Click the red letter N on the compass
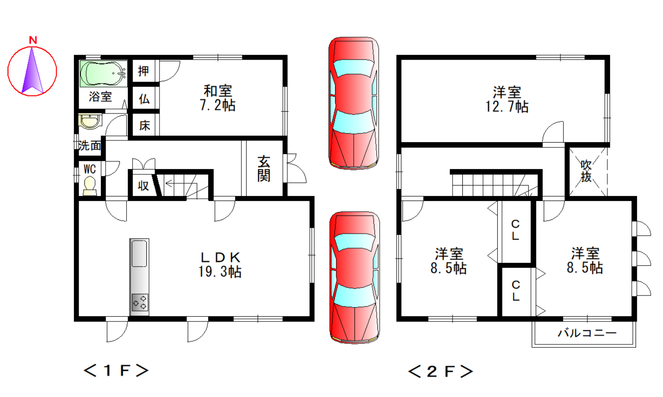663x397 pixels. tap(33, 40)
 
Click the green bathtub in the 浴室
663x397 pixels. tap(103, 74)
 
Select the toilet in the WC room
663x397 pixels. tap(90, 186)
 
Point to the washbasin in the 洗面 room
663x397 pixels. tap(90, 121)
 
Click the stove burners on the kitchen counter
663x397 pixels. tap(140, 302)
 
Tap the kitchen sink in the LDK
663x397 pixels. tap(139, 253)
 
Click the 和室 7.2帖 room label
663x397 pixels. tap(217, 98)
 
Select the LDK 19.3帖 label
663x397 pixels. tap(220, 265)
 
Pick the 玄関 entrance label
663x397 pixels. tap(264, 169)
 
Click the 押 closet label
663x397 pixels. tap(144, 71)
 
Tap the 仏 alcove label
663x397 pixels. tap(144, 99)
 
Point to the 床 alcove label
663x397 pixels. tap(145, 125)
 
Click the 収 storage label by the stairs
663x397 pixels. tap(143, 185)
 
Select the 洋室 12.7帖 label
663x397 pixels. tap(507, 100)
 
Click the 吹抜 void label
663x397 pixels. tap(586, 171)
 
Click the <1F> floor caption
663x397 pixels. tap(116, 371)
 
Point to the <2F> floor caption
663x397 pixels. tap(440, 371)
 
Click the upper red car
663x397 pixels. tap(354, 103)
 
